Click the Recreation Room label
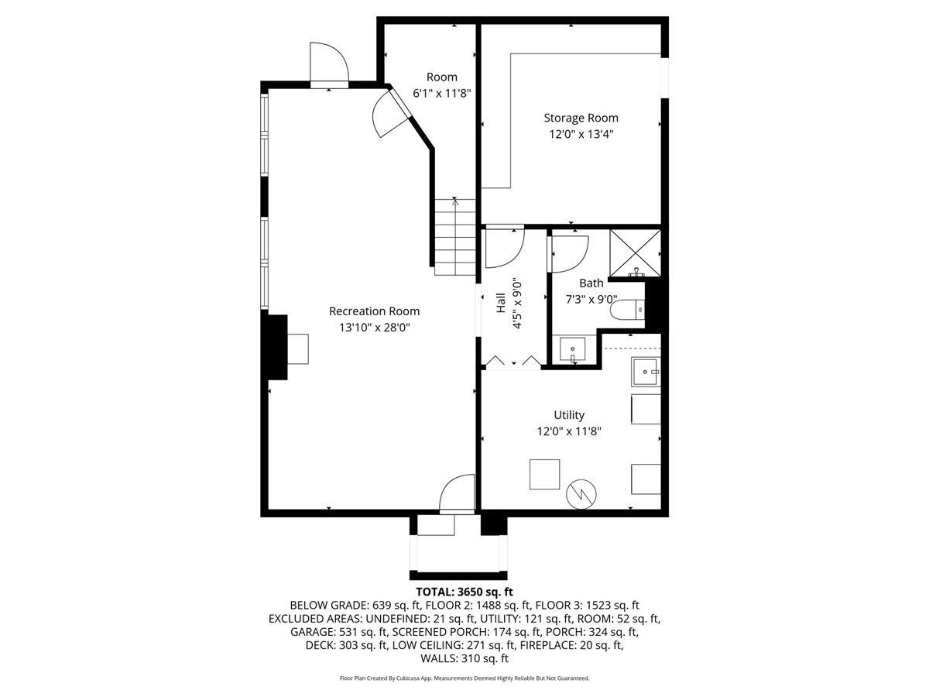tap(374, 311)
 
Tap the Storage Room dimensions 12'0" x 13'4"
tap(581, 134)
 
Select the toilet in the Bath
tap(626, 310)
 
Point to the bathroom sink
tap(573, 350)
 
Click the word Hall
tap(500, 302)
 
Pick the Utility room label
tap(569, 415)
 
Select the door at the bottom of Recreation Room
tap(457, 493)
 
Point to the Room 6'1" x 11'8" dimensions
tap(442, 93)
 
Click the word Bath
tap(591, 283)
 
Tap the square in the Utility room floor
tap(544, 474)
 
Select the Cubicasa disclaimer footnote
tap(464, 678)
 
